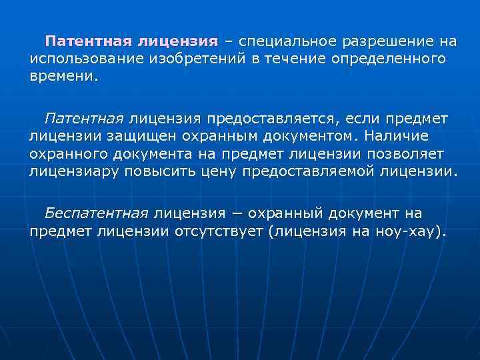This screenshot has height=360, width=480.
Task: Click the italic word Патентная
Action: tap(84, 119)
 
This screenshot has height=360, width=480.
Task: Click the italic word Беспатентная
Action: tap(96, 214)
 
